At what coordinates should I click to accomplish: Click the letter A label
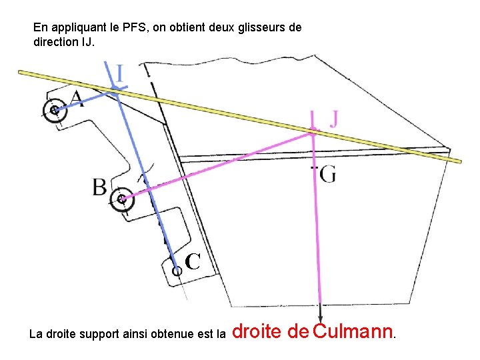tap(77, 99)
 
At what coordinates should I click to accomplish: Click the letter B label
tap(100, 187)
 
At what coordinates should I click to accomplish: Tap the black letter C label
tap(193, 261)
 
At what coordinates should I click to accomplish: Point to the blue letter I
tap(119, 73)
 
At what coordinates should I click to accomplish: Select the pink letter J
tap(333, 119)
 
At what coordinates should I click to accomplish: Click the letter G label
tap(327, 175)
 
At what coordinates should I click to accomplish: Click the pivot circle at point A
tap(53, 111)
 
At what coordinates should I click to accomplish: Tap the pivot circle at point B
tap(121, 199)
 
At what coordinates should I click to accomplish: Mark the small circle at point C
tap(177, 271)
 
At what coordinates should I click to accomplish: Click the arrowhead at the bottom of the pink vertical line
tap(321, 318)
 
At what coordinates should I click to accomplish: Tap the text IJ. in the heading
tap(87, 41)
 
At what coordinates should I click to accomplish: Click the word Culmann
tap(353, 330)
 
